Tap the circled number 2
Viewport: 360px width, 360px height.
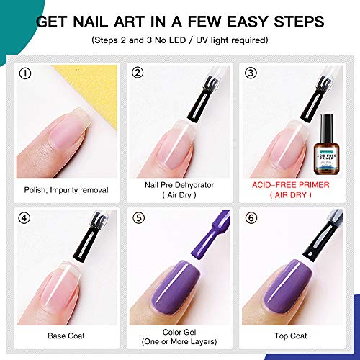point(139,73)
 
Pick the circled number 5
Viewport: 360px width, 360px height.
point(139,219)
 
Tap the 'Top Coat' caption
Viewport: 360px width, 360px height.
point(292,336)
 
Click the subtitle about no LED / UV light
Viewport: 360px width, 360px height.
point(180,40)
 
